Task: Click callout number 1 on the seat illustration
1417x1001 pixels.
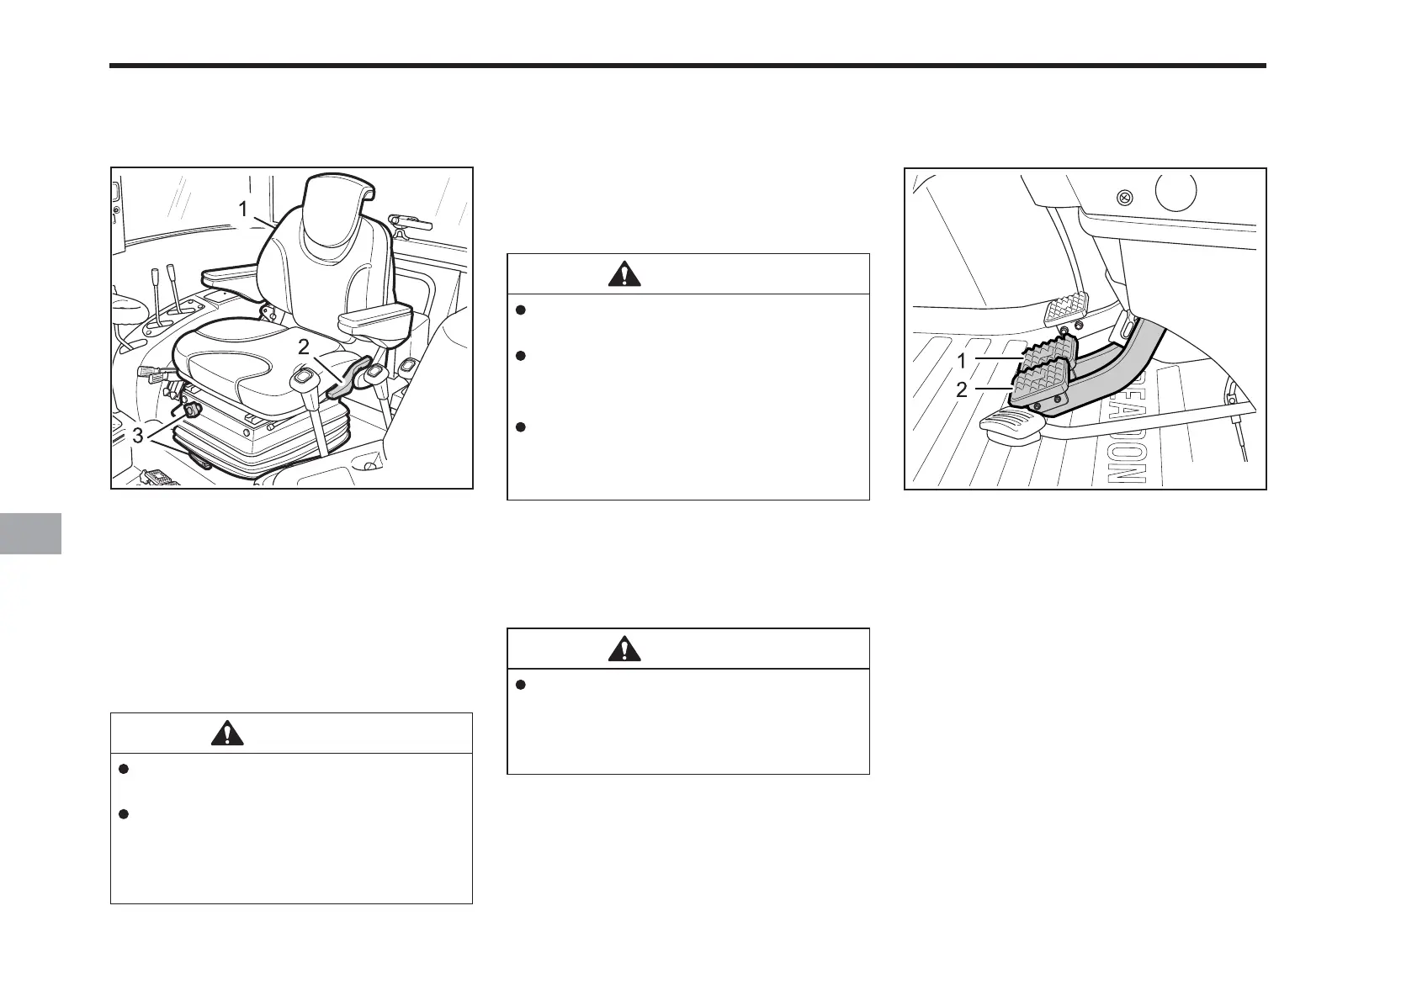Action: pyautogui.click(x=243, y=209)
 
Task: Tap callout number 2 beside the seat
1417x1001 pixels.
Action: pyautogui.click(x=305, y=344)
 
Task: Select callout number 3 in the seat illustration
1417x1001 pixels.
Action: pyautogui.click(x=138, y=435)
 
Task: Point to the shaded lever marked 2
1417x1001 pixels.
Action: pyautogui.click(x=347, y=376)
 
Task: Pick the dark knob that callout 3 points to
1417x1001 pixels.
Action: pyautogui.click(x=193, y=410)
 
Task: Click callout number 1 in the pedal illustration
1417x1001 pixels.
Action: pyautogui.click(x=962, y=361)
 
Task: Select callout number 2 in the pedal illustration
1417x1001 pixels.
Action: pyautogui.click(x=962, y=389)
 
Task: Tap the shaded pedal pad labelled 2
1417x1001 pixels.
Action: pyautogui.click(x=1038, y=383)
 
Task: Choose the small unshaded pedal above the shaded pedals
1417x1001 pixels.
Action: pyautogui.click(x=1066, y=309)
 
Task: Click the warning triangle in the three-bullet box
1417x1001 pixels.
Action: pyautogui.click(x=624, y=274)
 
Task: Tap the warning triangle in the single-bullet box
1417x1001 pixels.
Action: pyautogui.click(x=624, y=649)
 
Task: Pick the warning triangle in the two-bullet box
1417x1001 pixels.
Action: pyautogui.click(x=227, y=734)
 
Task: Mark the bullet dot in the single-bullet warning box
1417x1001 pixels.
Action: pyautogui.click(x=520, y=685)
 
